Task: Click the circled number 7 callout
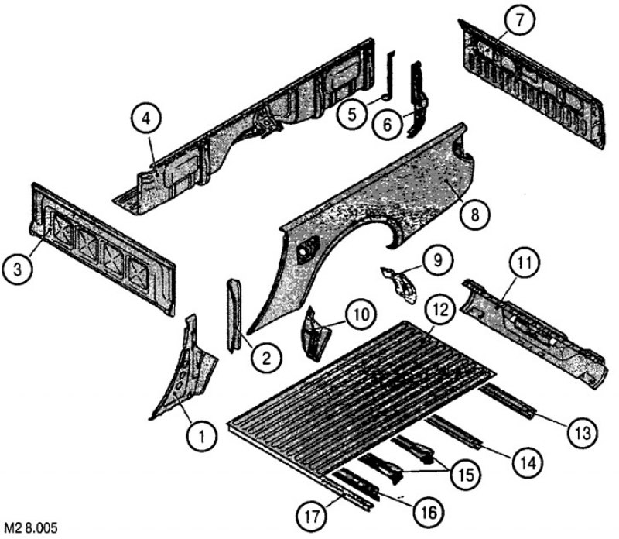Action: click(x=519, y=20)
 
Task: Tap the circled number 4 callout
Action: click(x=146, y=118)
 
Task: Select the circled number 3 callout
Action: click(x=17, y=269)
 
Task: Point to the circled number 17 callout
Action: click(x=313, y=516)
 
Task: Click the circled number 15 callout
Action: click(x=467, y=474)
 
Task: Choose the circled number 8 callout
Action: click(x=474, y=215)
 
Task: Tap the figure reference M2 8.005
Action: click(x=31, y=528)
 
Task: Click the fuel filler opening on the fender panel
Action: click(x=308, y=249)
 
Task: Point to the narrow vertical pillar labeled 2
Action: click(x=234, y=314)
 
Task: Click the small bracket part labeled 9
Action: click(x=399, y=284)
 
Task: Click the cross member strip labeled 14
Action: click(x=454, y=432)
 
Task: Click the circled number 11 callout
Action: click(x=525, y=263)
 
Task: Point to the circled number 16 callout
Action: click(x=429, y=513)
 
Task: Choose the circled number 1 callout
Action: click(x=202, y=436)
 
